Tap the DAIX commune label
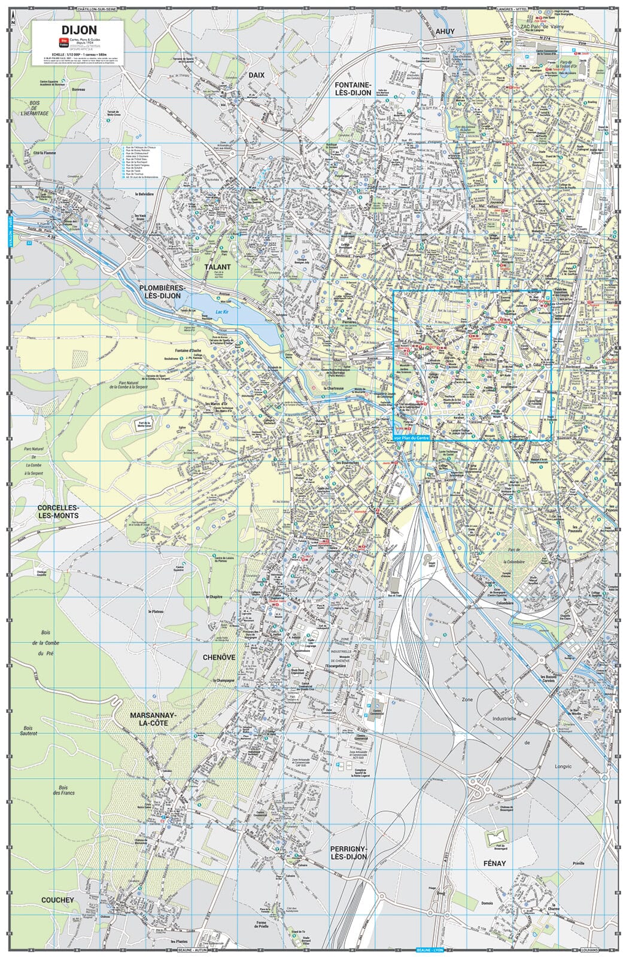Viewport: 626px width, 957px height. coord(257,75)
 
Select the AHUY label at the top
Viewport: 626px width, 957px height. coord(445,31)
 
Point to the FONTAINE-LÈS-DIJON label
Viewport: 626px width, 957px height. coord(353,89)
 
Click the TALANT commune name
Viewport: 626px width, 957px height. coord(217,267)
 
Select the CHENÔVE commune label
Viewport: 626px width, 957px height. coord(219,657)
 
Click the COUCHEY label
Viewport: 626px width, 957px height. coord(57,900)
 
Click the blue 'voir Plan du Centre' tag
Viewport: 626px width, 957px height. coord(412,438)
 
